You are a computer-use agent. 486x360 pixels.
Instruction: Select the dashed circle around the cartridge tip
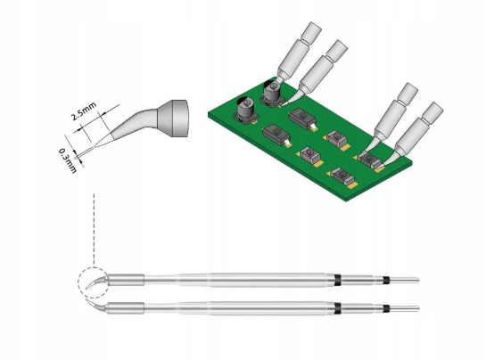coord(94,284)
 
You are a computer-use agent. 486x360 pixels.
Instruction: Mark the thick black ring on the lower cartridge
coord(341,311)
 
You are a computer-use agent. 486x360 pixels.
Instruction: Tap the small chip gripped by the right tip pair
coord(368,157)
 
